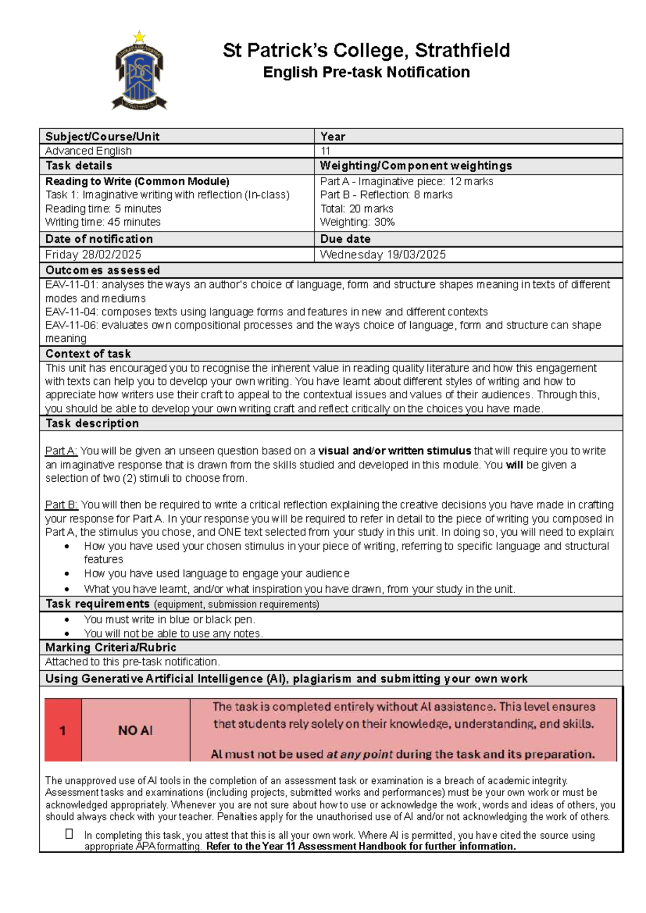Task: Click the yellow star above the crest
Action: click(139, 37)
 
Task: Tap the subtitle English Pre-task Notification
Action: click(366, 72)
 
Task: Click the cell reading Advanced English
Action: click(88, 151)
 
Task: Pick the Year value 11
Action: click(325, 151)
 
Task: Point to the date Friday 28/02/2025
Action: click(93, 255)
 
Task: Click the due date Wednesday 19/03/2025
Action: click(383, 255)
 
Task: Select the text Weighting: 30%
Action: click(357, 222)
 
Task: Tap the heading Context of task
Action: click(88, 354)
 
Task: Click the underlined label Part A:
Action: click(61, 451)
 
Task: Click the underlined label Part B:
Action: click(61, 505)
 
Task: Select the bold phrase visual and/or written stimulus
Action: click(395, 451)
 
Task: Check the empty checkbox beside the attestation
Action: click(69, 834)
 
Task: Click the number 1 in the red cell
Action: click(62, 731)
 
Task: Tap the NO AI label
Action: click(135, 731)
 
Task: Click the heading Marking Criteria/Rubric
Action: click(110, 648)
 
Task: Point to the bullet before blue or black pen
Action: click(67, 620)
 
